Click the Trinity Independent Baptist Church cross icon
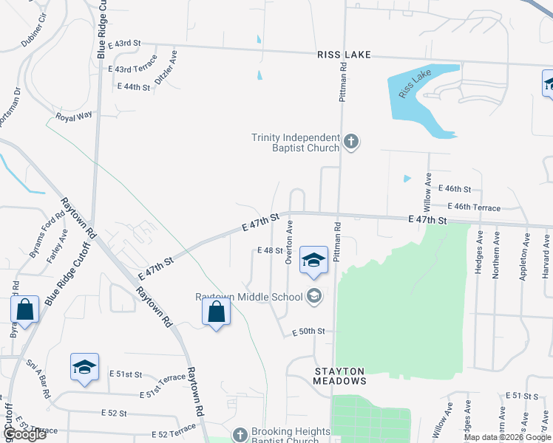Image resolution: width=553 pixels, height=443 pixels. [352, 141]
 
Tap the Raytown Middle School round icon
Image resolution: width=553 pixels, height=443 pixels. [314, 296]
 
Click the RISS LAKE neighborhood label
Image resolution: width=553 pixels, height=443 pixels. [343, 55]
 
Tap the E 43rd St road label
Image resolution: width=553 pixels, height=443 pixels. [124, 44]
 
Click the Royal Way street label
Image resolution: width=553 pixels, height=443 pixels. [75, 115]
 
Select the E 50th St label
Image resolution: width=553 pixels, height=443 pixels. [308, 332]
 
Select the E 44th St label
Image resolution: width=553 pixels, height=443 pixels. [134, 87]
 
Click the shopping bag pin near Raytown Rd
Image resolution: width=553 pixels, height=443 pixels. [215, 312]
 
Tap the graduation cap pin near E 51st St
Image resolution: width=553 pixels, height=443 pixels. [84, 367]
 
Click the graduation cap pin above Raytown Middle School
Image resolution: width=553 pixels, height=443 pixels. [314, 259]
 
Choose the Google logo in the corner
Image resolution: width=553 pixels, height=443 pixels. [24, 434]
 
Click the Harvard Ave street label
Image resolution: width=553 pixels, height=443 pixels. [546, 247]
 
